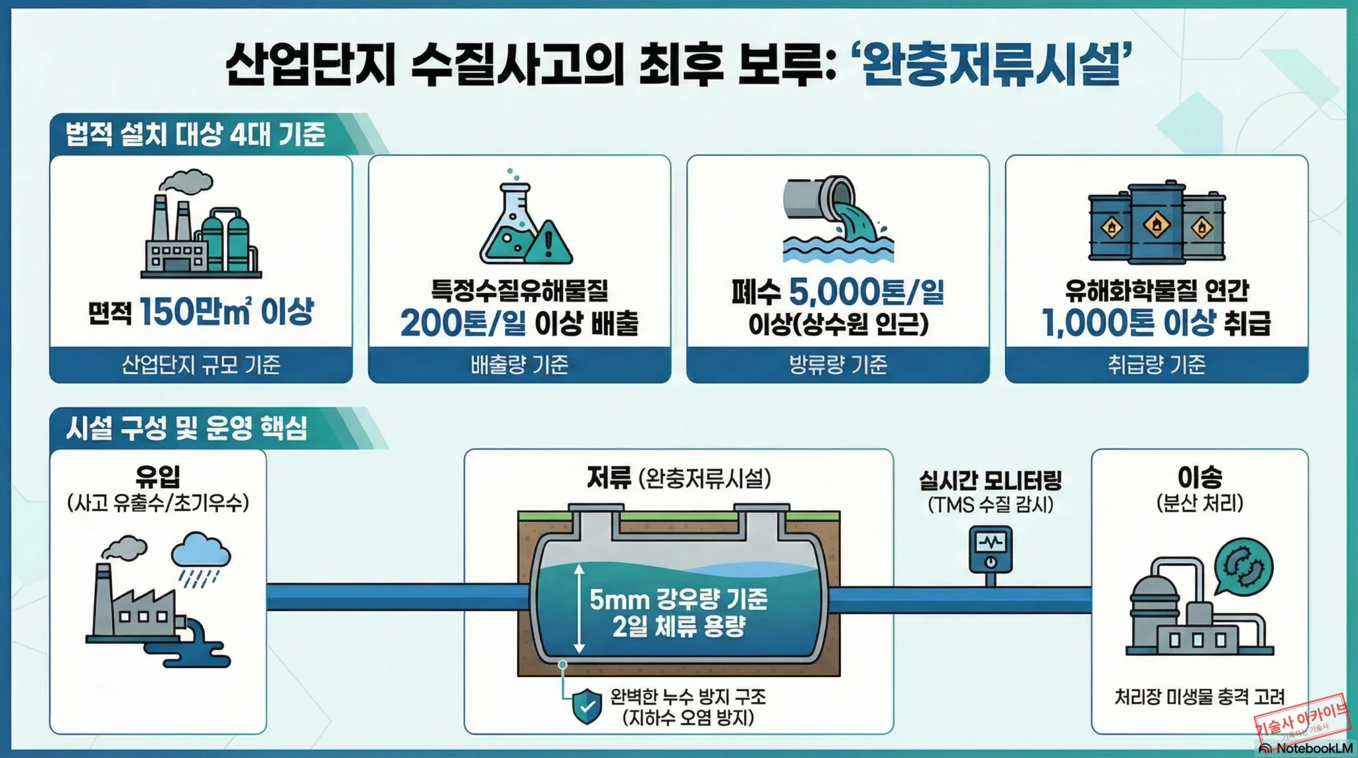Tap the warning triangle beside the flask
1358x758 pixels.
point(548,243)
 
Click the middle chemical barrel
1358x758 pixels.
point(1156,223)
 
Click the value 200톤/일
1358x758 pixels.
point(463,323)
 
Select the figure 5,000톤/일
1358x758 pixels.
point(867,291)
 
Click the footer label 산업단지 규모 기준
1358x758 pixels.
point(201,365)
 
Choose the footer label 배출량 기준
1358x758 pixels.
point(519,365)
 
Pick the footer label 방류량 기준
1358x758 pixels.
point(837,365)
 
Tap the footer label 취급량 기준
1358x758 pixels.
point(1156,365)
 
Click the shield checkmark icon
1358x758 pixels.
point(587,706)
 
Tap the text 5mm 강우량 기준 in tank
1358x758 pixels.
point(678,600)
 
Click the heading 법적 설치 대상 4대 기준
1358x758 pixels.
point(196,135)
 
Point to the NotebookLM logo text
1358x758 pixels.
point(1314,749)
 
